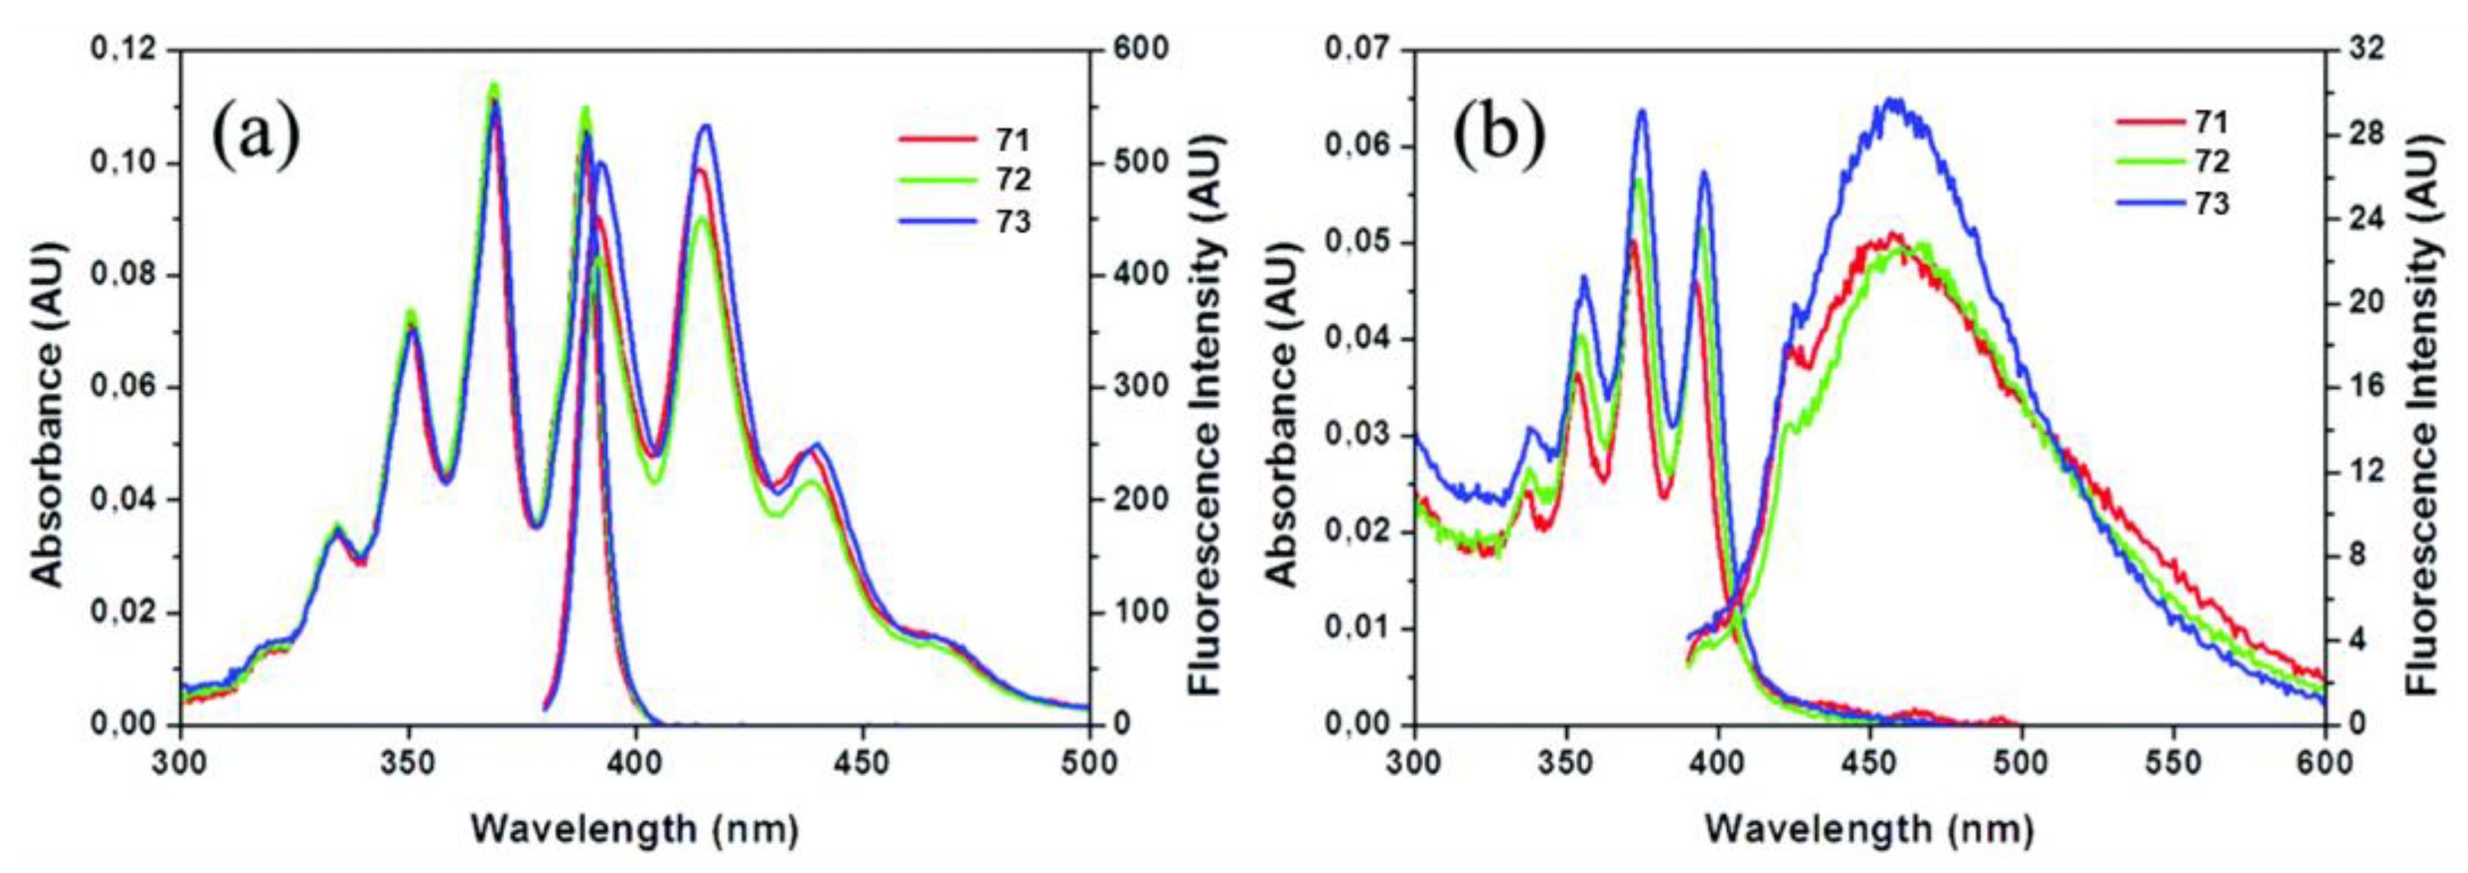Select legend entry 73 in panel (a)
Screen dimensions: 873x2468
(x=1011, y=221)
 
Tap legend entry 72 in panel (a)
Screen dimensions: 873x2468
(x=1011, y=180)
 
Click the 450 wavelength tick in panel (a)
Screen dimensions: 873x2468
(x=861, y=763)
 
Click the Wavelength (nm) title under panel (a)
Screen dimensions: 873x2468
(x=634, y=828)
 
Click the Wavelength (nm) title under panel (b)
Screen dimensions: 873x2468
(x=1869, y=828)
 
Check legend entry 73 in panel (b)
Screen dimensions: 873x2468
(x=2209, y=203)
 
